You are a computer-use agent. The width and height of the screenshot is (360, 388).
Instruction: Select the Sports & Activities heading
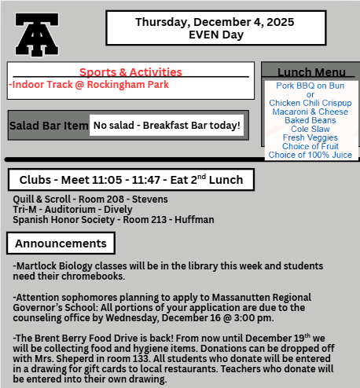click(x=130, y=72)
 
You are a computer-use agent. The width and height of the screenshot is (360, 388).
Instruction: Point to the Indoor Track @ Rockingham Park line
click(x=89, y=85)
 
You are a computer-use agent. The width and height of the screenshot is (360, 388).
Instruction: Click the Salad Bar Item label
click(x=49, y=126)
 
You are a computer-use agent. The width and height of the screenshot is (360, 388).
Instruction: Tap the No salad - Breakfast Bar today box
click(x=167, y=126)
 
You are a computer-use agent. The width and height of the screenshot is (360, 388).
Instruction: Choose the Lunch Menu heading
click(x=310, y=72)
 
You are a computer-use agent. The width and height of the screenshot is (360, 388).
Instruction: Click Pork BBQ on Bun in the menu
click(x=310, y=86)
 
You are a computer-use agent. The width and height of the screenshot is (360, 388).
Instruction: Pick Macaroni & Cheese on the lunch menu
click(x=310, y=112)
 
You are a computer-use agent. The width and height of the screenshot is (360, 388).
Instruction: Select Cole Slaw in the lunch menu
click(x=310, y=129)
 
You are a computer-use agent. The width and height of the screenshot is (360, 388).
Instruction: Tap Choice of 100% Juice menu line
click(x=310, y=155)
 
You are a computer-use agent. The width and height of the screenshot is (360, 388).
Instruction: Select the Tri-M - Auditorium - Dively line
click(x=73, y=210)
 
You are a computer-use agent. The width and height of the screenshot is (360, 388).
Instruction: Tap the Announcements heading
click(x=61, y=244)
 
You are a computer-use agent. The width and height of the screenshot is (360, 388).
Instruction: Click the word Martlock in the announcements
click(x=38, y=267)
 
